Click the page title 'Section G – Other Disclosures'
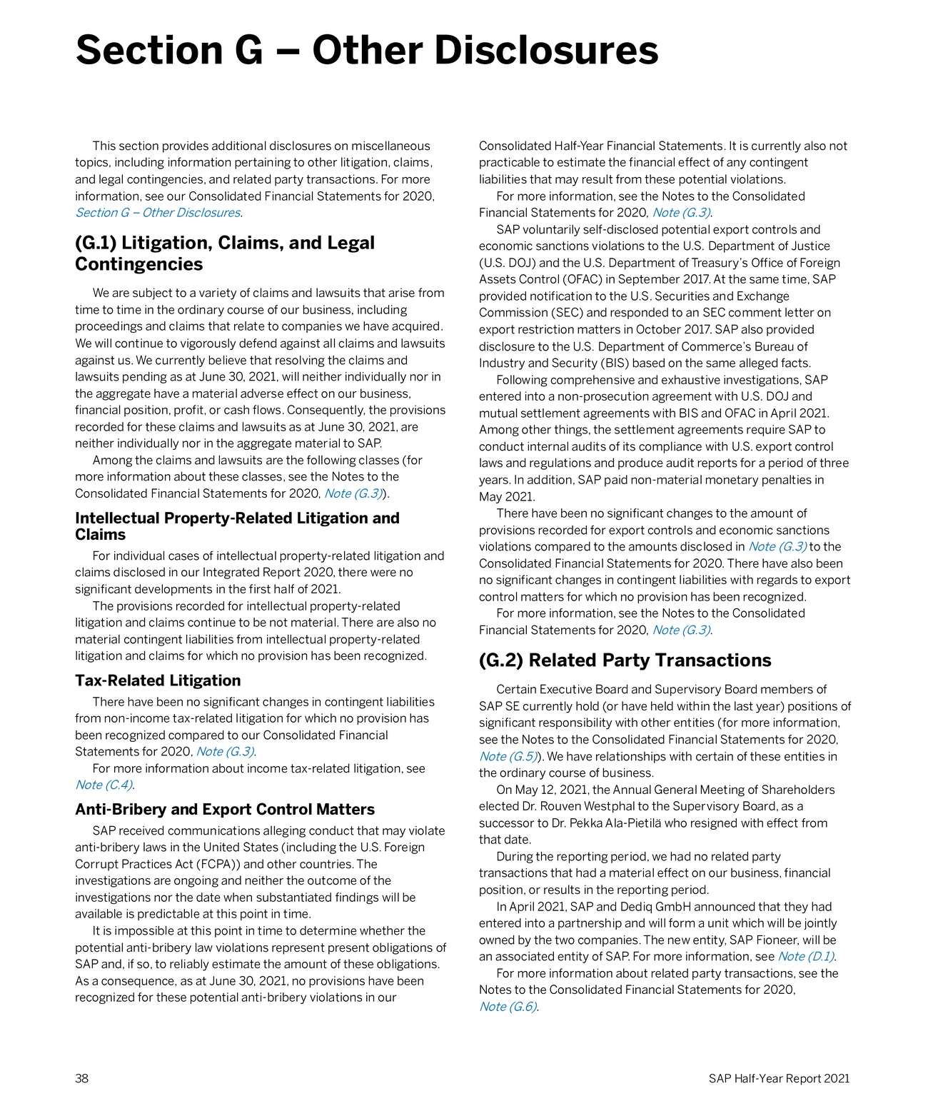pos(366,51)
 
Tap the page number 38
pos(82,1078)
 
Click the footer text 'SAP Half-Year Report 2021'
pos(779,1078)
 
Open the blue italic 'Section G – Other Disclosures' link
pos(158,213)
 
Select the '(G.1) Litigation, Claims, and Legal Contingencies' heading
pos(225,253)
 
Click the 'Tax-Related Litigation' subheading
pos(158,680)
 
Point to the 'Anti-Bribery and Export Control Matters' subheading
pos(225,809)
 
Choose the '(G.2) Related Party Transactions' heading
pos(625,660)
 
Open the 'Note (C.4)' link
pos(104,785)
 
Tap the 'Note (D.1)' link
pos(805,957)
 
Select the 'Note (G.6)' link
pos(508,1007)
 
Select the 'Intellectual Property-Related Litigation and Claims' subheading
pos(237,526)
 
